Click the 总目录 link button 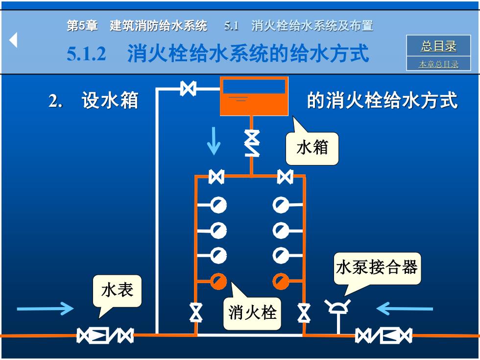click(438, 46)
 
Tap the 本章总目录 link click(438, 64)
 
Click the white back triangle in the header click(13, 40)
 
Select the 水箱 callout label click(312, 148)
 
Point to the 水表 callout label click(117, 290)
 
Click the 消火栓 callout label click(252, 313)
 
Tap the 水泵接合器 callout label click(377, 267)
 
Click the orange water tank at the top click(254, 96)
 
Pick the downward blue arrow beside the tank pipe click(214, 141)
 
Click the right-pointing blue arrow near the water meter click(45, 309)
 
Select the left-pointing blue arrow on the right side click(405, 309)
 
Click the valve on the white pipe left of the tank click(188, 89)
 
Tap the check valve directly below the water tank click(252, 143)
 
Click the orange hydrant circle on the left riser click(218, 281)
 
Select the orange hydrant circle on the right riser click(281, 281)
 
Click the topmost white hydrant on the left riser click(218, 205)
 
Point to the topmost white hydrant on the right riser click(281, 205)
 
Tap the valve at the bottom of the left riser click(195, 312)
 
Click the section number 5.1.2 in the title click(86, 53)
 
